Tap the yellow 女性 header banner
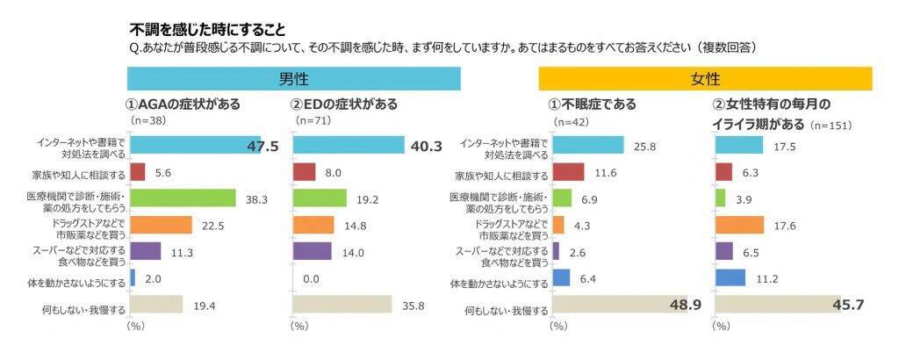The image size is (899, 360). pos(705,79)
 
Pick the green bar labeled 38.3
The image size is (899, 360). pos(183,198)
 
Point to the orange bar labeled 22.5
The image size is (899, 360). pos(161,225)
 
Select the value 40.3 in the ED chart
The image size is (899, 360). pos(426,146)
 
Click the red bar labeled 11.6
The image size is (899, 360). pos(569,172)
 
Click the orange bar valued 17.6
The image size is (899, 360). pos(740,225)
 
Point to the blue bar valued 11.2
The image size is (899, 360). pos(730,278)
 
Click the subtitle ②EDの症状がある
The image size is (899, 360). pos(345,104)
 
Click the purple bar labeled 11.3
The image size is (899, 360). pos(145,251)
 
